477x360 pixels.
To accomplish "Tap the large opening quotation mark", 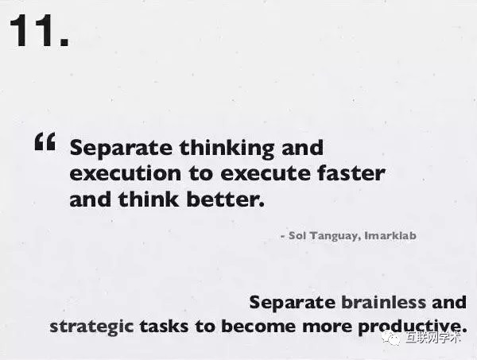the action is point(45,141).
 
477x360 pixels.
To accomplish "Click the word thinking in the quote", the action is point(227,149).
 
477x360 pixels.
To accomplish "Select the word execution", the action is point(126,173).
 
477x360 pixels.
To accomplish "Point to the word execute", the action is point(266,173).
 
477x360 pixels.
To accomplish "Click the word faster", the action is point(351,172).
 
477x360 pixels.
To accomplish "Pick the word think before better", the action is point(149,199).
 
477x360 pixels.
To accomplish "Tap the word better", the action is point(226,199).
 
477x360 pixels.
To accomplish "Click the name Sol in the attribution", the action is point(297,235).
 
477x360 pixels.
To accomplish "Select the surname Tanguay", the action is point(335,236).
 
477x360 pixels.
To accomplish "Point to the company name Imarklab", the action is point(390,235).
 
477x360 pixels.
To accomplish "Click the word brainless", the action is point(384,302).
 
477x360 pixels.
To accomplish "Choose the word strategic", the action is point(91,327).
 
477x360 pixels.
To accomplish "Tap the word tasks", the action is point(164,327).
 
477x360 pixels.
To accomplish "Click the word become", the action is point(258,327).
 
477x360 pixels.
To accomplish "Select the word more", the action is point(328,327).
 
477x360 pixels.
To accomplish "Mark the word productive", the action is point(413,327).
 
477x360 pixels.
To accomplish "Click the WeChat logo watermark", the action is point(391,338).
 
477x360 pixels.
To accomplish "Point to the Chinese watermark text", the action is point(433,338).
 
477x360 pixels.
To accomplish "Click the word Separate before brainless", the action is point(293,303).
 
